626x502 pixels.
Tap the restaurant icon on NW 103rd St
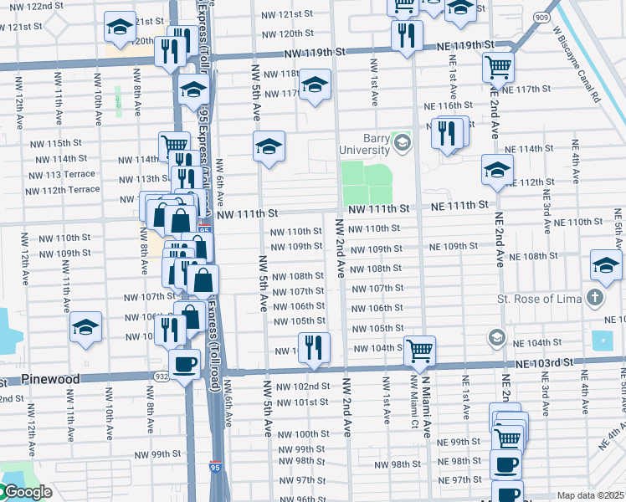314,347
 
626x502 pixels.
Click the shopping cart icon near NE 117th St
498,65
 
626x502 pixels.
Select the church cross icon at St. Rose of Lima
594,298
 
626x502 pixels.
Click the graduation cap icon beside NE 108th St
605,265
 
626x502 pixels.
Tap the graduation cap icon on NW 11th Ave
85,327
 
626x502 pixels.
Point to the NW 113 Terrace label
62,175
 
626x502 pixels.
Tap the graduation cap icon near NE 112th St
497,169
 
